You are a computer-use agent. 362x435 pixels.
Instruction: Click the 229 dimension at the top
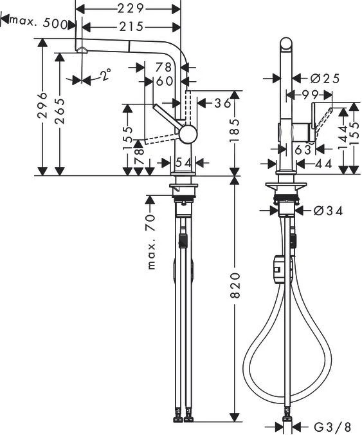(129, 8)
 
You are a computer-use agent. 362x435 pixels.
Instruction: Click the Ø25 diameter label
(325, 79)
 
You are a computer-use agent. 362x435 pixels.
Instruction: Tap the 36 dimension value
(222, 103)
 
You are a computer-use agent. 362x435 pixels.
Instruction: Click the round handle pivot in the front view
(188, 135)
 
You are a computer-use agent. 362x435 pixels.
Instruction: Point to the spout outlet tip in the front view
(81, 50)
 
